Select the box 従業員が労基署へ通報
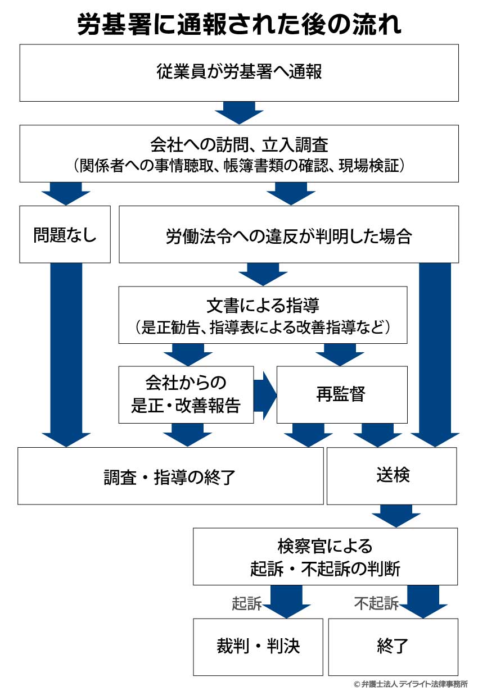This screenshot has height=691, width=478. (x=239, y=72)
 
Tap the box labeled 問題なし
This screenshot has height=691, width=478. (x=65, y=234)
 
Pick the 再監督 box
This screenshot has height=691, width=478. (x=341, y=394)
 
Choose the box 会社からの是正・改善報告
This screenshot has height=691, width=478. (x=186, y=394)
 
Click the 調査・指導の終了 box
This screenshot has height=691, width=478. (x=170, y=477)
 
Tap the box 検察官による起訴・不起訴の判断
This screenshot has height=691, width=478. (x=325, y=556)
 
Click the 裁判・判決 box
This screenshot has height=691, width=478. (x=258, y=646)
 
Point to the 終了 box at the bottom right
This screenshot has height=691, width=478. (x=393, y=646)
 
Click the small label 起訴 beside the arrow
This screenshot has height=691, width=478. (x=247, y=603)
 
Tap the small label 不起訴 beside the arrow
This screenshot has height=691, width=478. (x=376, y=603)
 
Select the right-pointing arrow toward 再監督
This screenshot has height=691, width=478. (x=265, y=394)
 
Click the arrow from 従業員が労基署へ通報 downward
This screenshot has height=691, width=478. (x=239, y=112)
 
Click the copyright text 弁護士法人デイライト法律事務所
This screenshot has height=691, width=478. (x=410, y=684)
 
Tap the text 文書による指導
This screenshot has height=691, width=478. (x=263, y=306)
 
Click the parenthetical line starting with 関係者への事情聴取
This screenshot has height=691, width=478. (x=239, y=166)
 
